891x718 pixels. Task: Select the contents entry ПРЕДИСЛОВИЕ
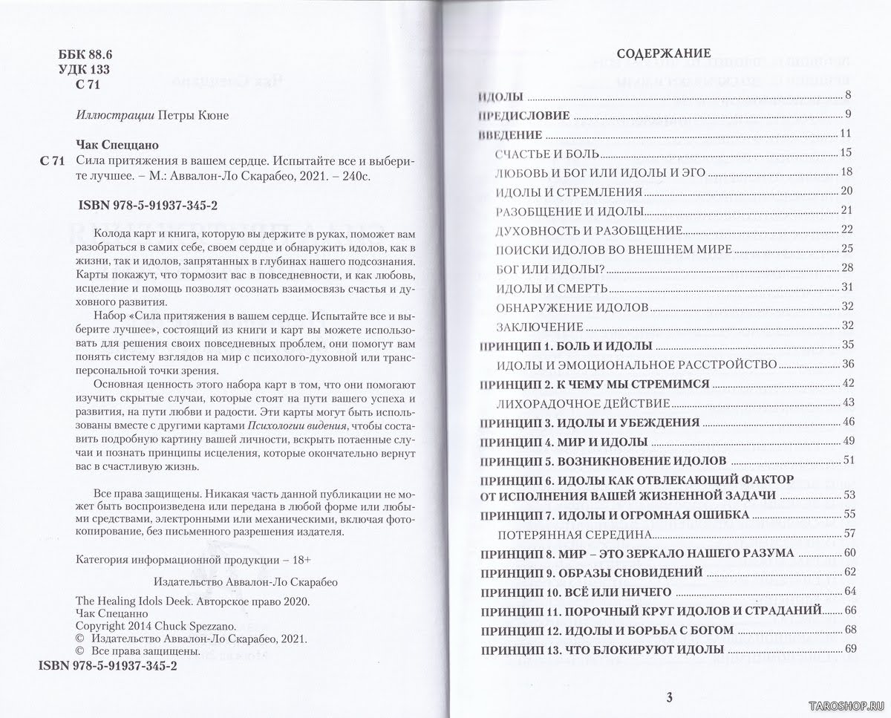pos(523,115)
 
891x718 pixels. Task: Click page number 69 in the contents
pos(850,650)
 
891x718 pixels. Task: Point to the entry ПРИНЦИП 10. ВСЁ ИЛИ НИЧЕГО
pos(575,591)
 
